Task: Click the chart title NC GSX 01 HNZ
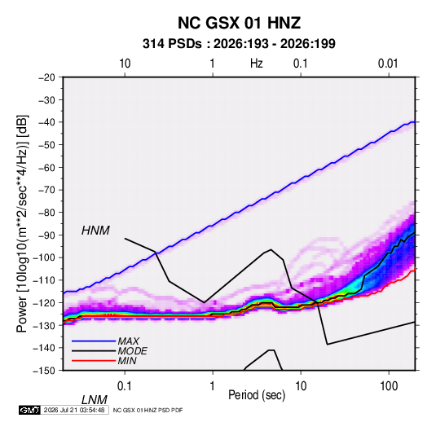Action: coord(239,23)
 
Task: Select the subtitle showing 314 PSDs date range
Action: coord(239,44)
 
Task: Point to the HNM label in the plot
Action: coord(95,231)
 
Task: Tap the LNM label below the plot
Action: coord(95,400)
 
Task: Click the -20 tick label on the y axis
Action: coord(46,77)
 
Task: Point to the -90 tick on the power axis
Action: coord(46,235)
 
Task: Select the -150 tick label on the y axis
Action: coord(44,371)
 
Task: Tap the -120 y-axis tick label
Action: coord(44,303)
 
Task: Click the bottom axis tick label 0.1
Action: coord(125,386)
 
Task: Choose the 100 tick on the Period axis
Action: coord(389,386)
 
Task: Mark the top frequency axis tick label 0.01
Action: coord(388,64)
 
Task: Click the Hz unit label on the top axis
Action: coord(257,64)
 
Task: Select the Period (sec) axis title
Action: coord(257,395)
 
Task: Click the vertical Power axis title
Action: coord(22,223)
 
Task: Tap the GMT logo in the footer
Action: coord(30,410)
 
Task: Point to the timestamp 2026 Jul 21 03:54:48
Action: coord(74,410)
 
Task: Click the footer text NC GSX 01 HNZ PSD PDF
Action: coord(148,410)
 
